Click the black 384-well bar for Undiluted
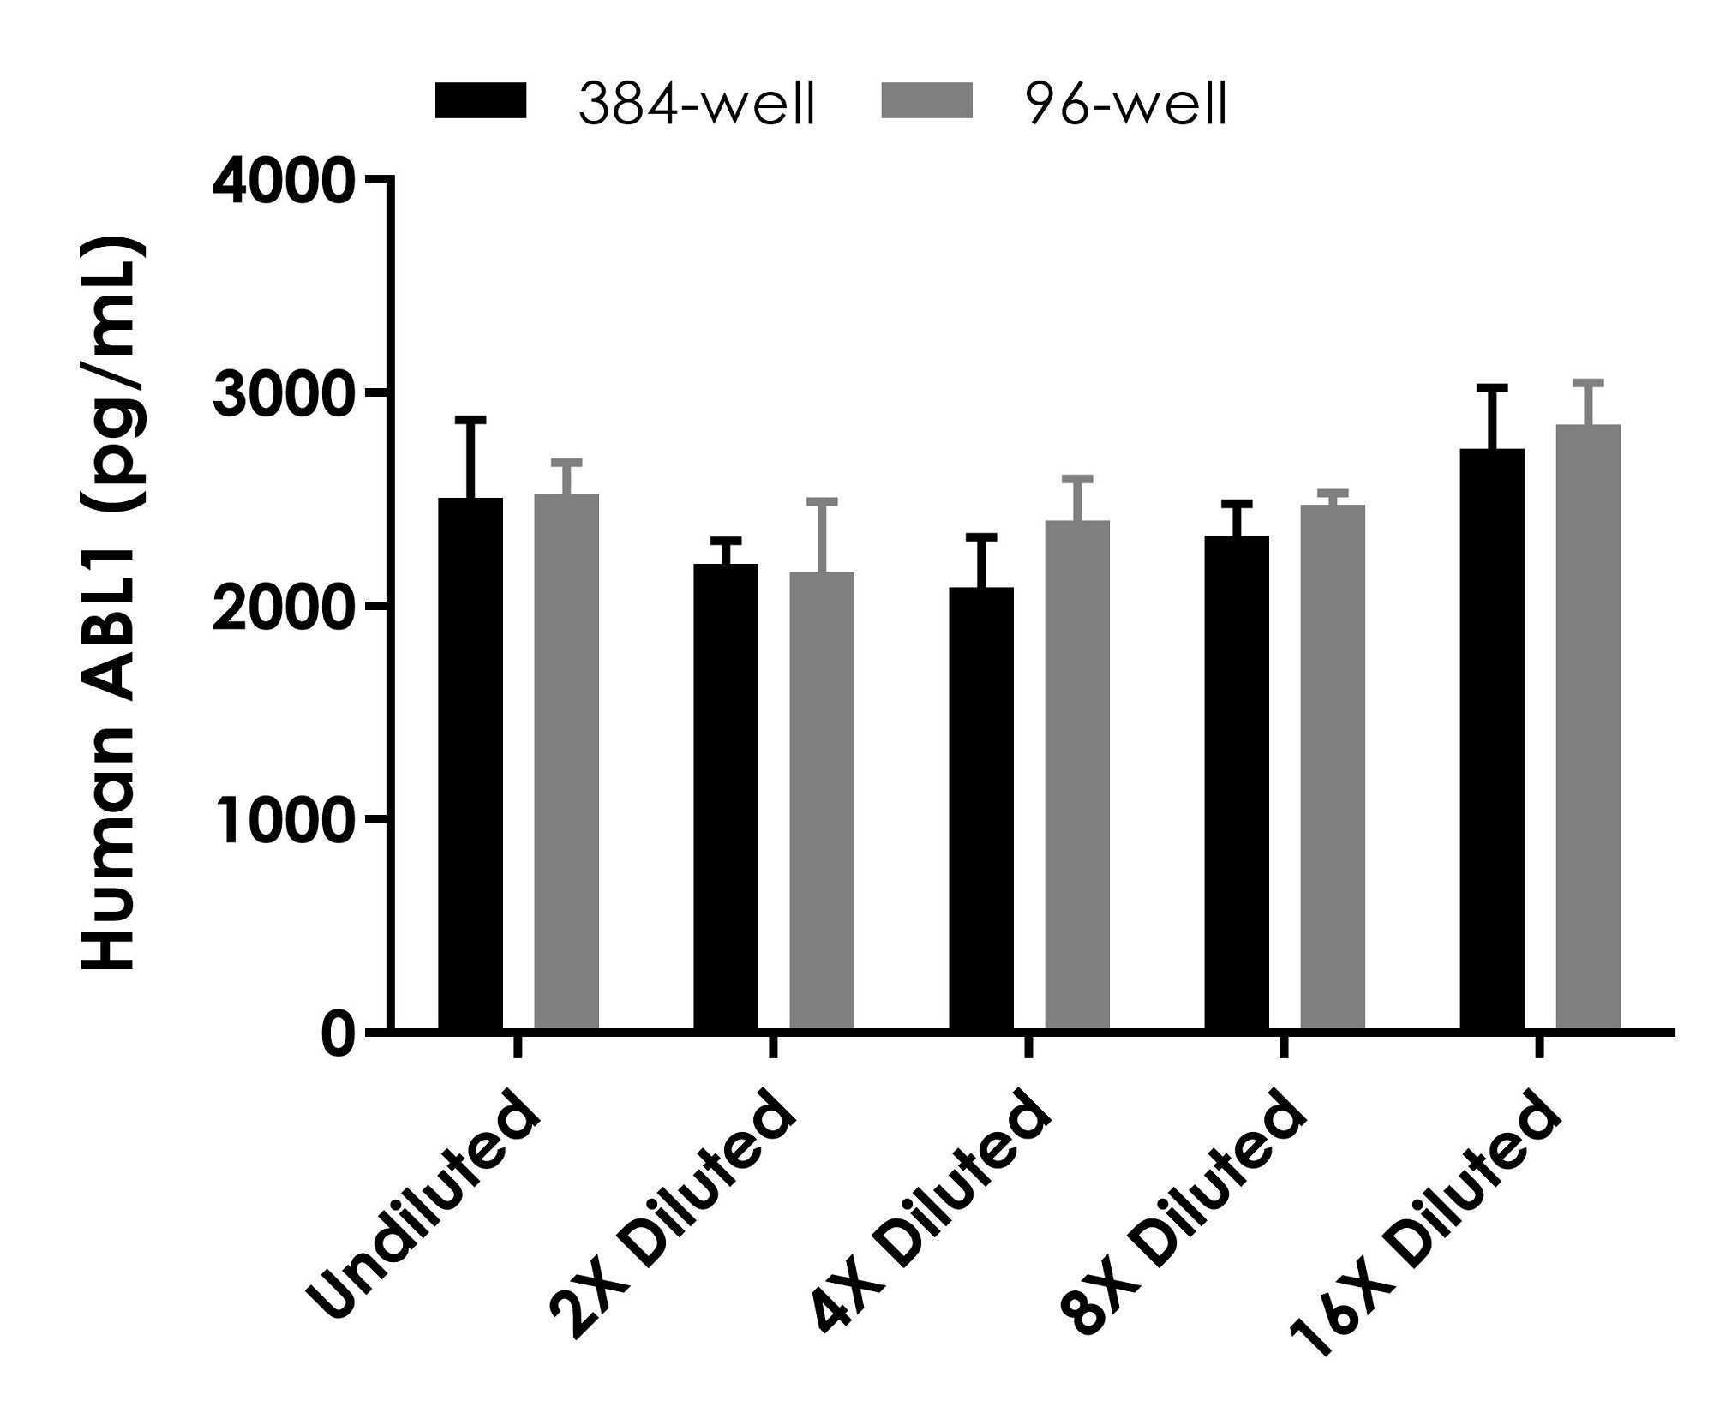[470, 763]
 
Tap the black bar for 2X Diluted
[726, 796]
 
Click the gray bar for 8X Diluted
[1333, 767]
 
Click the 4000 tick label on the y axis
[283, 179]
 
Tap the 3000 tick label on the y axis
[283, 393]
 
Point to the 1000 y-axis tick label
[283, 821]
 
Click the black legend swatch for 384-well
[481, 102]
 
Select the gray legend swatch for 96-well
[927, 102]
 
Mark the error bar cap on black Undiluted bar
[470, 420]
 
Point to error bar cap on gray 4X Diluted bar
[1077, 478]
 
